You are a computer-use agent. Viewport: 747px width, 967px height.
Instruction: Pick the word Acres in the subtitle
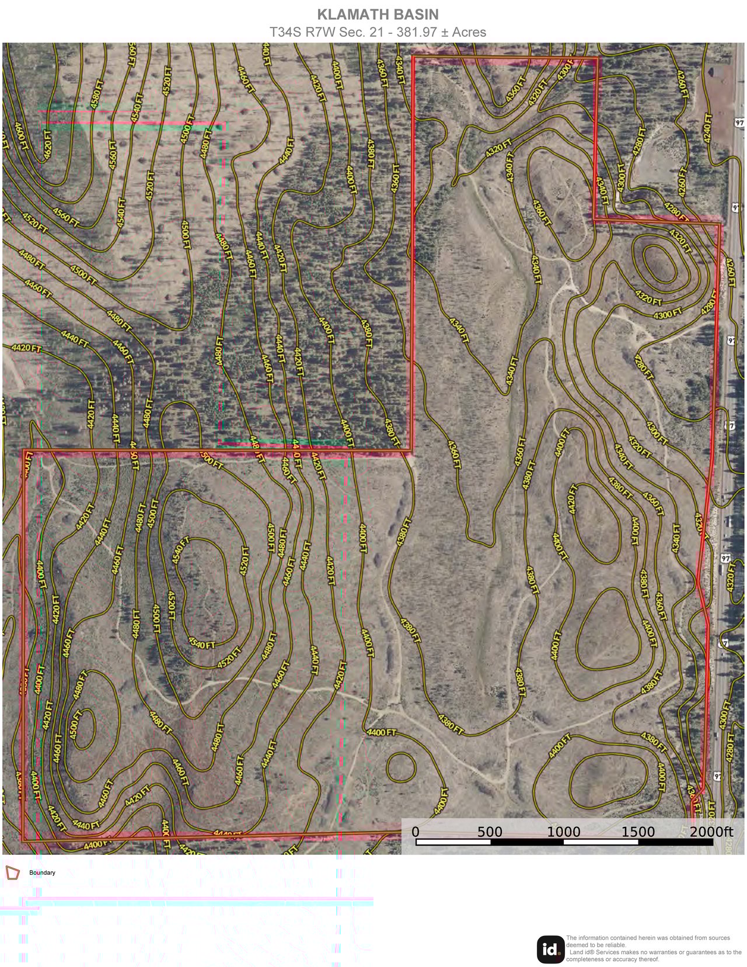[x=469, y=33]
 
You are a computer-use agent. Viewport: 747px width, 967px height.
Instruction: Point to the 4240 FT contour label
[x=708, y=126]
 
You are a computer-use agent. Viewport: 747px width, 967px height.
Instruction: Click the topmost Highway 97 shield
[x=740, y=123]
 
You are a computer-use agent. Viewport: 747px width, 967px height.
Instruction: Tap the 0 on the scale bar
[x=416, y=832]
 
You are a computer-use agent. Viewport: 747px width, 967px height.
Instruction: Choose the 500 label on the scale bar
[x=490, y=832]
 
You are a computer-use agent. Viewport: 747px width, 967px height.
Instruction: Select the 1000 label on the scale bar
[x=564, y=832]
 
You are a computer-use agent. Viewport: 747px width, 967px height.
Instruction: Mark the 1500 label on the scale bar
[x=638, y=832]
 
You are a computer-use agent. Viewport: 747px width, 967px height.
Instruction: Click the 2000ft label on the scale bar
[x=711, y=832]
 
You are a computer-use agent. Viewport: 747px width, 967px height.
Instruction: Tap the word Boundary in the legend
[x=42, y=872]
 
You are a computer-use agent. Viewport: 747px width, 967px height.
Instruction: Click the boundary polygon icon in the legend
[x=12, y=872]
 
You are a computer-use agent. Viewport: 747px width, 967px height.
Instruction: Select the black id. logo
[x=550, y=949]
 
